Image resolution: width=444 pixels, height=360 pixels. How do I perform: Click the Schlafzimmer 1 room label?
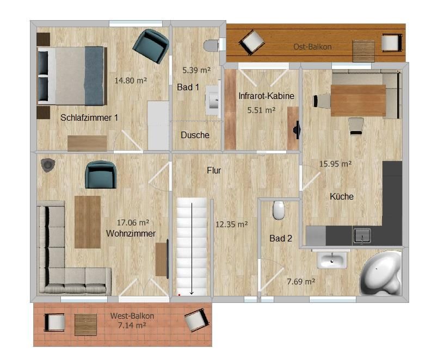[89, 117]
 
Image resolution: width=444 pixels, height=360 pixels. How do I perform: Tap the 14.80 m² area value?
[131, 80]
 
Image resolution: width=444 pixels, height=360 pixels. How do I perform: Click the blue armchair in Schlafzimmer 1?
[151, 46]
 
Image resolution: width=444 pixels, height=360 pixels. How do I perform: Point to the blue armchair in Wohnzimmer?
[101, 175]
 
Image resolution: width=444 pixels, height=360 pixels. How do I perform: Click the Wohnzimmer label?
[131, 233]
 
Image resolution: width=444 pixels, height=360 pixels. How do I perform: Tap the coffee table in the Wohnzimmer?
[88, 222]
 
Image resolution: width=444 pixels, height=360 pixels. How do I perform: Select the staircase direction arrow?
[192, 249]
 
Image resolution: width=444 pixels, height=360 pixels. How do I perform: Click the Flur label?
[214, 170]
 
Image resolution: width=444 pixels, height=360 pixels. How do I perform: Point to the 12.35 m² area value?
[232, 225]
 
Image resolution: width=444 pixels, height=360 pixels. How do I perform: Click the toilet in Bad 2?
[279, 210]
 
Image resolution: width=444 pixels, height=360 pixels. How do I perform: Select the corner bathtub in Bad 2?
[381, 273]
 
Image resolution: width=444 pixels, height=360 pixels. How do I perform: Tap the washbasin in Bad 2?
[332, 259]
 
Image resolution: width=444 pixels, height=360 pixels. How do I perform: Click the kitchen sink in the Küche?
[362, 236]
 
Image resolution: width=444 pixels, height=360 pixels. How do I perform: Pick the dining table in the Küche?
[358, 101]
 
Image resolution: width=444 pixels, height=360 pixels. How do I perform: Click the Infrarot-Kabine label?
[266, 96]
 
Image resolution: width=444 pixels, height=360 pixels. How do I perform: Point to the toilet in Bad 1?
[211, 46]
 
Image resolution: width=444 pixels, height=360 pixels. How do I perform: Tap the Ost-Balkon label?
[312, 47]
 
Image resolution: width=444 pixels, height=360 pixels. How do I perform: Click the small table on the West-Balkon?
[86, 325]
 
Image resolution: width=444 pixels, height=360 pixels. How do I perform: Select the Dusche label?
[195, 135]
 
